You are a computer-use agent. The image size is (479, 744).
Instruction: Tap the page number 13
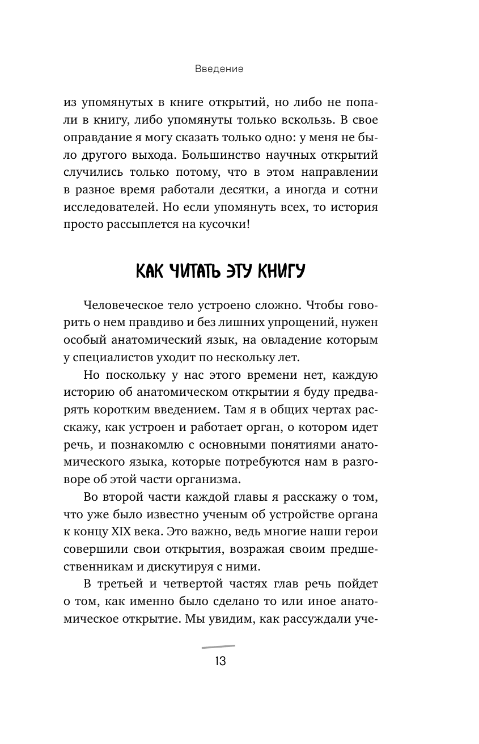(218, 661)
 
